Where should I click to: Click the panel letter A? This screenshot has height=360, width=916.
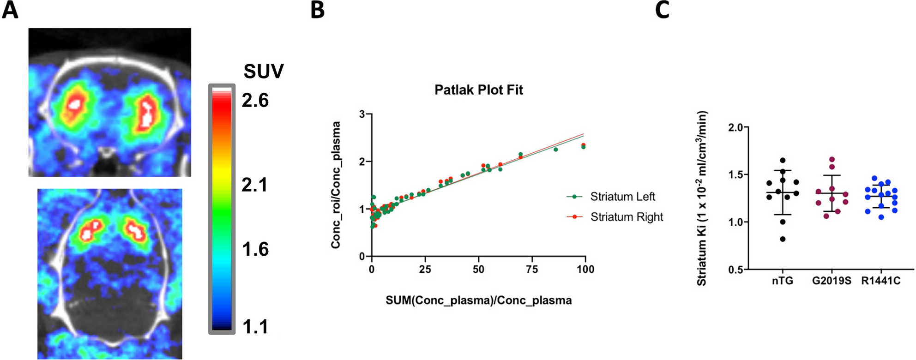10,10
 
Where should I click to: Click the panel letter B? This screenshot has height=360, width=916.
318,10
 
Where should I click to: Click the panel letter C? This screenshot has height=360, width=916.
662,10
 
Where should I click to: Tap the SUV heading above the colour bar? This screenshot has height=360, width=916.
264,72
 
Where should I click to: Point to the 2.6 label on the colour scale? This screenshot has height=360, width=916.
255,100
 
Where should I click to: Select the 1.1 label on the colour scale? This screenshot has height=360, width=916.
255,327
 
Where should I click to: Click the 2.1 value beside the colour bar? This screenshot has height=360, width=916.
255,185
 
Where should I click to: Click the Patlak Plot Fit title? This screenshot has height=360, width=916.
479,90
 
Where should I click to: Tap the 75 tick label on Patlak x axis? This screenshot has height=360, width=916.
532,269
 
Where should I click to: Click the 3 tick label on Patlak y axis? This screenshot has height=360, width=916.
362,114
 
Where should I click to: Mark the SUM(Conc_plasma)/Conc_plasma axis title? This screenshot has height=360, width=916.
479,300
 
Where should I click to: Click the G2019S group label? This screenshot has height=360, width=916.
832,281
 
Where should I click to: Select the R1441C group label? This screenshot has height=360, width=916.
881,281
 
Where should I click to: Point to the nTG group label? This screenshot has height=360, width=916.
782,281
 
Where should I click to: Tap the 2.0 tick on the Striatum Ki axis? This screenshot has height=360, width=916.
739,127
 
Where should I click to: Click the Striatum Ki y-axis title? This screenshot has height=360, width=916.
702,198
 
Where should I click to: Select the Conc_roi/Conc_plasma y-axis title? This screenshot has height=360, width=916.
336,185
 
